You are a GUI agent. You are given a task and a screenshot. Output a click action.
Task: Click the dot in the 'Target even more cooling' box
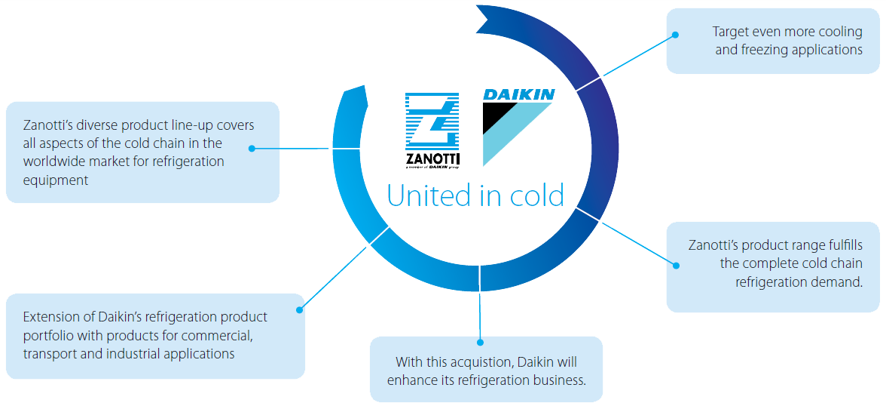click(x=676, y=35)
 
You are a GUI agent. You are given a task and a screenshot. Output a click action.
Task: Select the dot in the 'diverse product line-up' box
click(x=252, y=149)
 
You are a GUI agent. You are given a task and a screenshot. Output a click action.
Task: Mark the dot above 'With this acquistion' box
click(x=480, y=343)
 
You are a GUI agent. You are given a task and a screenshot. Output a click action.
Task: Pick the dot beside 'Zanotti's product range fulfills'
click(x=676, y=265)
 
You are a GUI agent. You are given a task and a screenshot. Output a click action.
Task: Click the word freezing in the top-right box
click(x=766, y=50)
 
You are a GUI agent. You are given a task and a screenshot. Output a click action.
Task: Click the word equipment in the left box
click(x=56, y=180)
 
